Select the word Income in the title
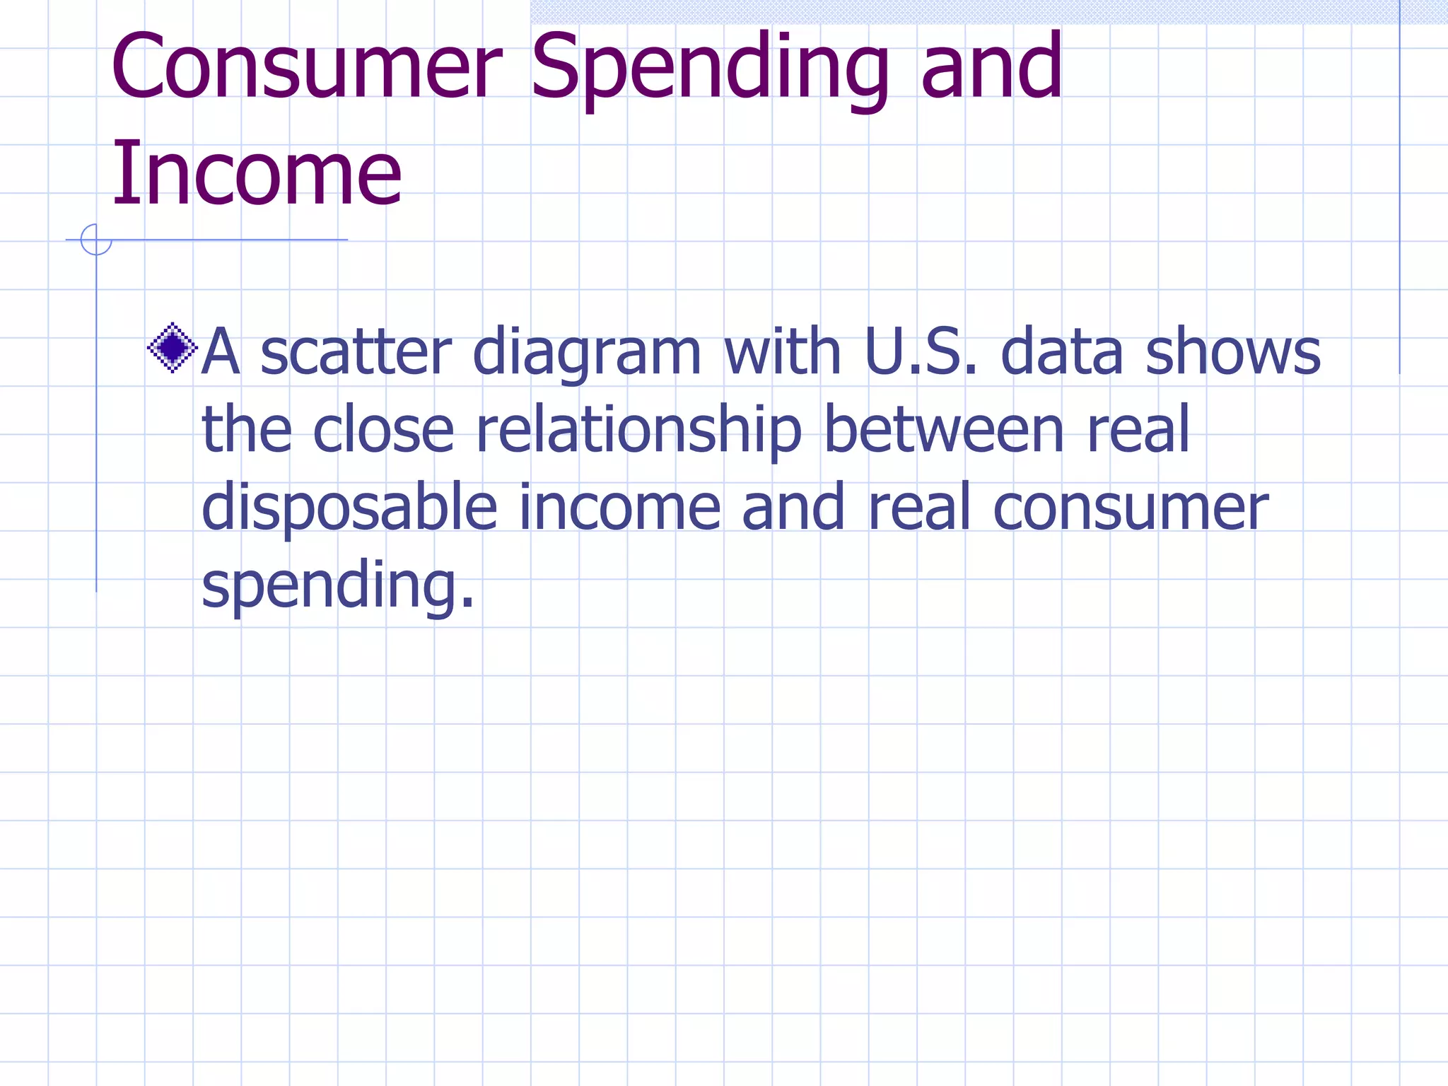click(x=257, y=174)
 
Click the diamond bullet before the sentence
click(x=172, y=348)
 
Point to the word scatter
click(x=356, y=351)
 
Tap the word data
click(x=1061, y=351)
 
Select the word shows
click(x=1232, y=351)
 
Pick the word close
click(x=383, y=429)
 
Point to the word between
click(x=944, y=429)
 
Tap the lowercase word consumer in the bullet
click(x=1130, y=508)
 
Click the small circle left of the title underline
click(x=96, y=240)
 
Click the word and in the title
click(x=992, y=67)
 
